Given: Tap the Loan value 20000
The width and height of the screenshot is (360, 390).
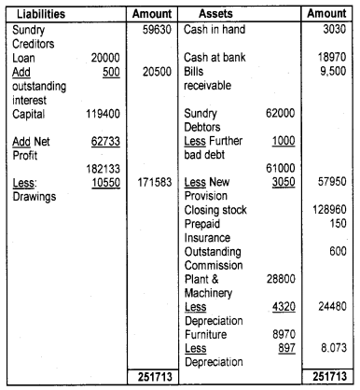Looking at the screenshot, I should click(102, 58).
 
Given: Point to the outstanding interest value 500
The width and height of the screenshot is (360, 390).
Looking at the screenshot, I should click(109, 73).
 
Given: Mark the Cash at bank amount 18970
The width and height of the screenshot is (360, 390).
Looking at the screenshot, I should click(330, 58).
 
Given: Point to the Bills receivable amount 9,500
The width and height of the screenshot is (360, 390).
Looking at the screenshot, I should click(331, 73).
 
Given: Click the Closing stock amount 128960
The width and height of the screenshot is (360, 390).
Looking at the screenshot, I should click(328, 209).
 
